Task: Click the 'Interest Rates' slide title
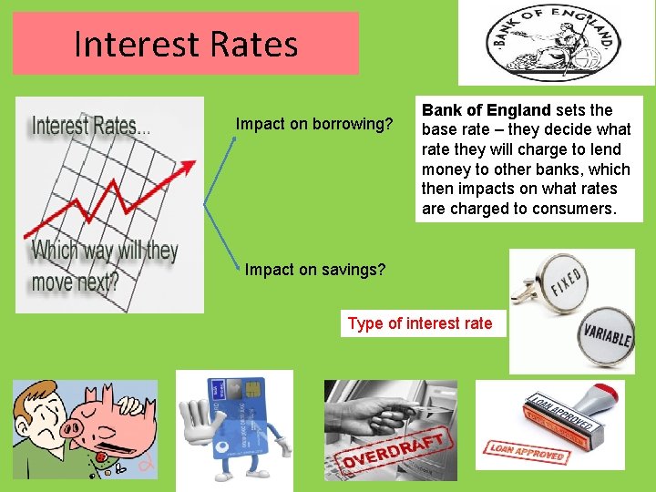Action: [185, 44]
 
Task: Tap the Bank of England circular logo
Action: [557, 43]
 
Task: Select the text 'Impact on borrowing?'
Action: [314, 124]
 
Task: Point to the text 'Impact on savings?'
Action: [315, 270]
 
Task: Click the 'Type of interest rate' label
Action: [420, 323]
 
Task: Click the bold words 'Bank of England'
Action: [486, 110]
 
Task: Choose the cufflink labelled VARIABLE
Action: [607, 334]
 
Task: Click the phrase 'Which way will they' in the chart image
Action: [105, 251]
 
